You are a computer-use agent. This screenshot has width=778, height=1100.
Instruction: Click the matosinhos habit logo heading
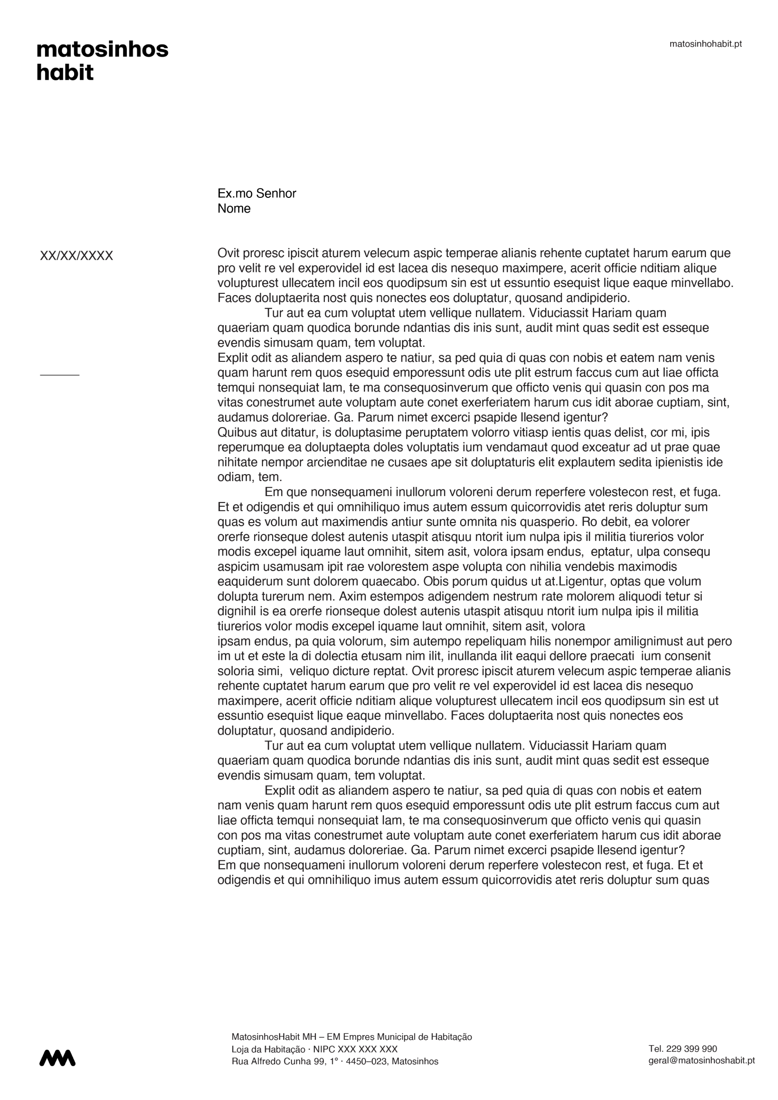102,61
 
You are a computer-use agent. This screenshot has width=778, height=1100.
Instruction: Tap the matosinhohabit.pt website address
705,44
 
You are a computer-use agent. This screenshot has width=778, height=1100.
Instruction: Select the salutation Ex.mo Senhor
256,194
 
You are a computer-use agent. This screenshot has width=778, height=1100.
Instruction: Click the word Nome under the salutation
234,208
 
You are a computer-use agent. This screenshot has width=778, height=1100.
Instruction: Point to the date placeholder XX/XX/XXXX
76,256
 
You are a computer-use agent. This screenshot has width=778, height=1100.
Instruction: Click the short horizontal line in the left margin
59,375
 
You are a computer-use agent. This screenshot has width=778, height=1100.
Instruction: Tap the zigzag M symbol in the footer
57,1058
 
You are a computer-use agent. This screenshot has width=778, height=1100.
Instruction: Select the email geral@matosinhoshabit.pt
701,1061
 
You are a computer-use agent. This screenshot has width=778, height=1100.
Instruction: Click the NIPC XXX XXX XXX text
355,1049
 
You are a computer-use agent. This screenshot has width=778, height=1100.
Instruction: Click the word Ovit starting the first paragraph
228,253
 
